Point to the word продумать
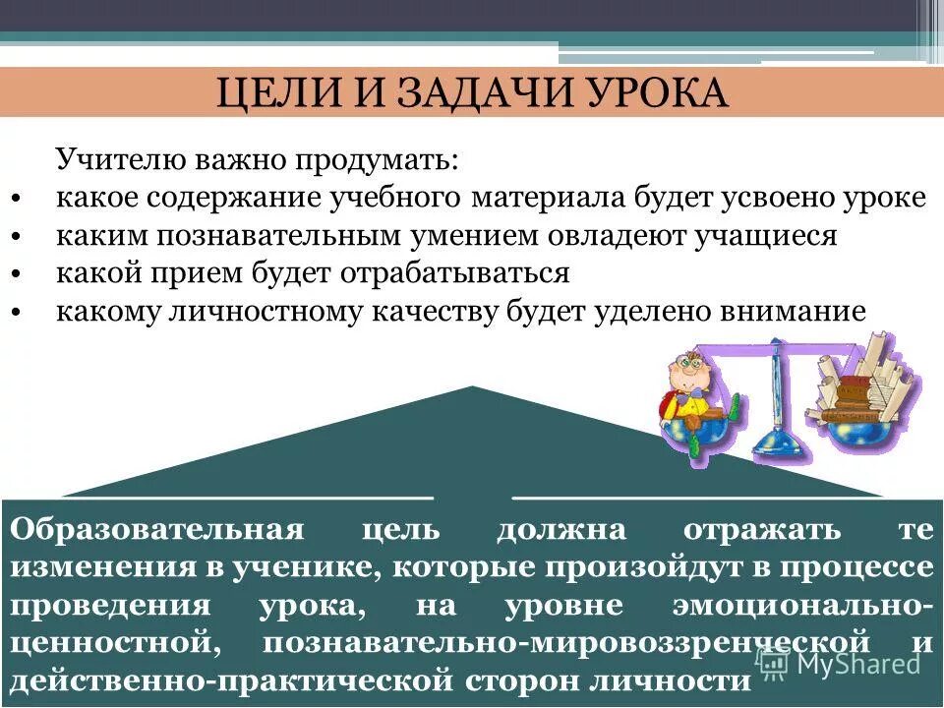pyautogui.click(x=383, y=159)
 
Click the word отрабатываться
pyautogui.click(x=467, y=272)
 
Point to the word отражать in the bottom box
pyautogui.click(x=762, y=530)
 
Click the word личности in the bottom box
pyautogui.click(x=669, y=680)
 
